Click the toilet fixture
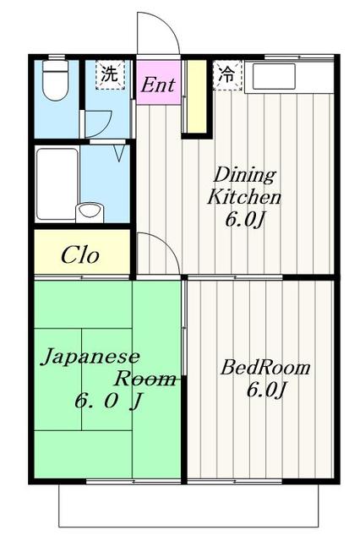pos(55,80)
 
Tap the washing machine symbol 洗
pos(110,75)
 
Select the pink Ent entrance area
pos(158,82)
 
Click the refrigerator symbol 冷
pos(226,75)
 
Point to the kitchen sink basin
pos(274,76)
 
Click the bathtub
pos(57,184)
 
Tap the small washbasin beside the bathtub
pos(90,212)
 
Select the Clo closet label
pos(80,255)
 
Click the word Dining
pos(245,175)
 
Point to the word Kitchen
pos(244,197)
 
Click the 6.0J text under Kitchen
pos(245,219)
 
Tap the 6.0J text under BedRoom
pos(266,390)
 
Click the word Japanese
pos(90,357)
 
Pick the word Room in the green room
pos(145,379)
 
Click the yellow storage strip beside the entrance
pos(197,96)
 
